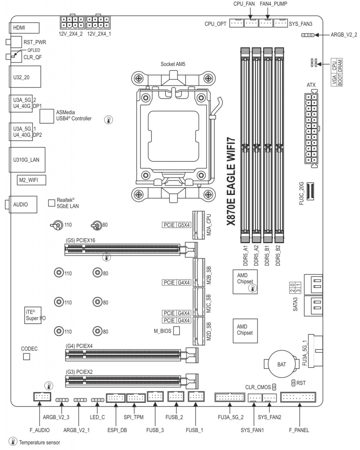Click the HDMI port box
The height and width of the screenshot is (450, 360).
coord(24,28)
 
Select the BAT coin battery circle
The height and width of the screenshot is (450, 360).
coord(282,364)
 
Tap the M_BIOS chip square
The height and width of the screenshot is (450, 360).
coord(176,331)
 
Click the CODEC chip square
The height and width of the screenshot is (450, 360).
coord(27,357)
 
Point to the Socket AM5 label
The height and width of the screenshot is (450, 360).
coord(173,64)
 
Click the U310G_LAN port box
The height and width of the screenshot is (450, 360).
coord(27,160)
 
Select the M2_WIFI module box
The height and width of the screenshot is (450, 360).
coord(31,180)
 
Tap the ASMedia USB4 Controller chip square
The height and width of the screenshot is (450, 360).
coord(47,116)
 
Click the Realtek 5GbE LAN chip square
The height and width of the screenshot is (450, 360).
coord(52,203)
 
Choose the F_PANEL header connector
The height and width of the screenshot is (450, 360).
coord(298,397)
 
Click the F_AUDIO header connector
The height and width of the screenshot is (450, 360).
coord(42,397)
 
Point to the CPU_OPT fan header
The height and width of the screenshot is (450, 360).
coord(236,23)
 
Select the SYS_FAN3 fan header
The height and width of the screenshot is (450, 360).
coord(281,23)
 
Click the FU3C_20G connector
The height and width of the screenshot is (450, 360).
coord(310,191)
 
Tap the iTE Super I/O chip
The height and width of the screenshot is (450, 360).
coord(33,315)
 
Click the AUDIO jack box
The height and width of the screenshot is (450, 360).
coord(23,204)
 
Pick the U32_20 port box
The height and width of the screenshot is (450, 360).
coord(25,77)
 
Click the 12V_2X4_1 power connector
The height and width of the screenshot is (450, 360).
coord(98,22)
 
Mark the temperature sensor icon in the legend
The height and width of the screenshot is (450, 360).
coord(13,441)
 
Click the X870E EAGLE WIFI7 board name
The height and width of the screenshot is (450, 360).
coord(231,181)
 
